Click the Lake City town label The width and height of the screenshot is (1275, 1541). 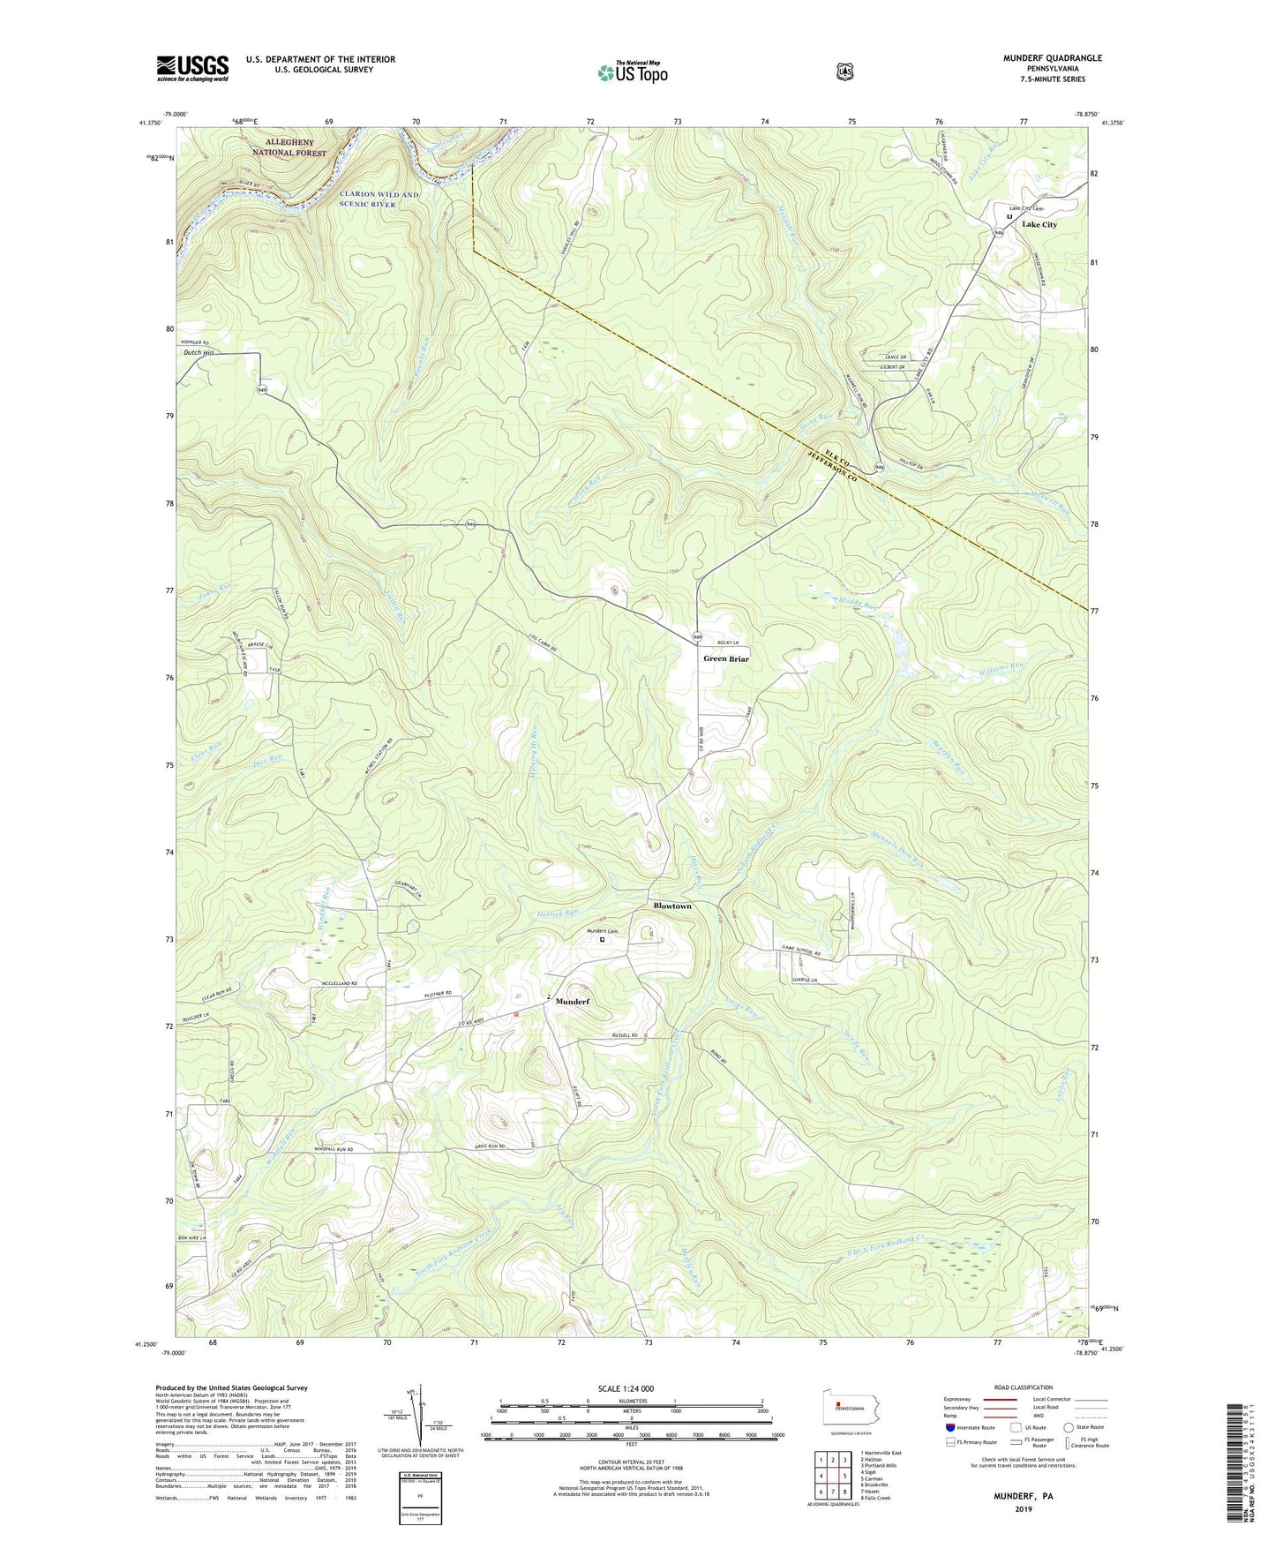click(x=1039, y=225)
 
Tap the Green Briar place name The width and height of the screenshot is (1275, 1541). click(x=725, y=658)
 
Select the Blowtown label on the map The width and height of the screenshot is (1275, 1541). click(x=671, y=906)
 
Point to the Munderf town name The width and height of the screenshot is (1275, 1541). click(x=571, y=1002)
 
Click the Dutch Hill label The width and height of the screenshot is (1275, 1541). click(x=199, y=353)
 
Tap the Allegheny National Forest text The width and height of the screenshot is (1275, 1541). click(x=289, y=147)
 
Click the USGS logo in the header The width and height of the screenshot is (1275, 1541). click(x=192, y=68)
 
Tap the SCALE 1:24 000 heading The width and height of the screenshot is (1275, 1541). click(x=626, y=1388)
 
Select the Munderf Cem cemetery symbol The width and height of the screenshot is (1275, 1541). click(x=603, y=940)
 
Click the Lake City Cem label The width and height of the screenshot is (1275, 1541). click(x=1026, y=208)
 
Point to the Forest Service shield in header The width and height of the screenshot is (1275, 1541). click(x=844, y=71)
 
